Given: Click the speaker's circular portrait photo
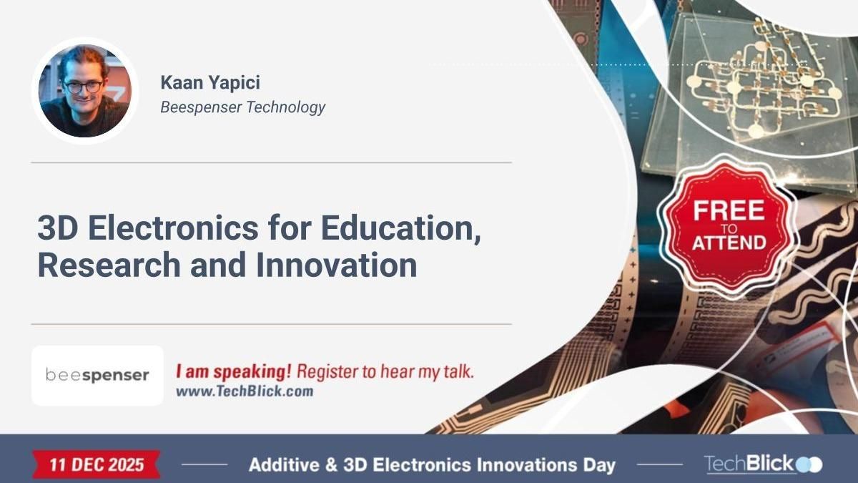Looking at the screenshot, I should (84, 91).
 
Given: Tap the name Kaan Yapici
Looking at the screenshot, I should (210, 82).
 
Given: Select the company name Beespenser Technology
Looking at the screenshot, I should (242, 107).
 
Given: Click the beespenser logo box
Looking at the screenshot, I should (97, 376).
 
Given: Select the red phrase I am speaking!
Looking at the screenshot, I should (234, 372).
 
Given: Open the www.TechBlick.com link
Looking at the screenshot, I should (244, 391).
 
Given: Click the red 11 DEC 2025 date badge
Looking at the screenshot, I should (97, 464).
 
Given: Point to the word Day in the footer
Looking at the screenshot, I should (599, 464).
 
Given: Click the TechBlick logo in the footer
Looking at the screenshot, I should (762, 464).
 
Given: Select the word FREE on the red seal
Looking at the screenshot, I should (728, 210).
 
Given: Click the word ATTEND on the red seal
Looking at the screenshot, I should (728, 242).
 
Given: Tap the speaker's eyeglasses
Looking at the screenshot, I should (82, 87).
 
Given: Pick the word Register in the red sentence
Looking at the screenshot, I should (323, 372).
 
